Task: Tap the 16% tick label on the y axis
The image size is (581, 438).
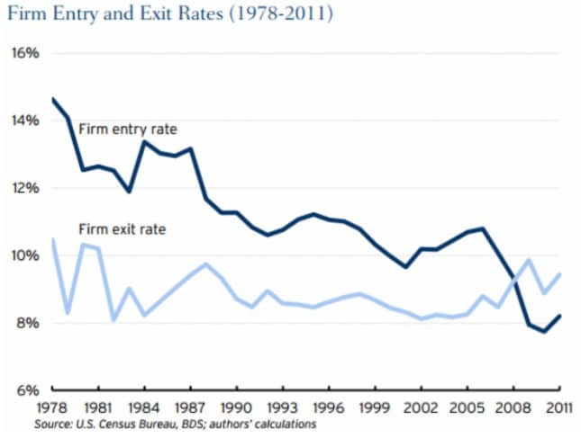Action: coord(25,53)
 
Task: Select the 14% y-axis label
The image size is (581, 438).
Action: coord(25,121)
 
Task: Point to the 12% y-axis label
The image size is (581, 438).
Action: coord(25,188)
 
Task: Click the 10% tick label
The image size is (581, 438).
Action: coord(25,255)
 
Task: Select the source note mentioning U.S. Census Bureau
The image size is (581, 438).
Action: coord(177,424)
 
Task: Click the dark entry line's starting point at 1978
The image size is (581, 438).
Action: coord(53,99)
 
